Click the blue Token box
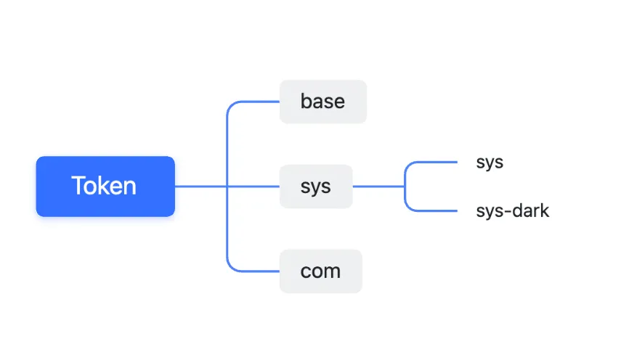click(105, 187)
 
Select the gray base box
click(323, 102)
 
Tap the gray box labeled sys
click(316, 187)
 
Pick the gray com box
click(321, 271)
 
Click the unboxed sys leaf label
click(490, 163)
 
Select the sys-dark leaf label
click(513, 211)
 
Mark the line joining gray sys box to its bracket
click(378, 187)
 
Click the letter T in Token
click(78, 186)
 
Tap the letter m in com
click(333, 272)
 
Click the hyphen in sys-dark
click(508, 212)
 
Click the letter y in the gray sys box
click(316, 189)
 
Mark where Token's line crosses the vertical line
click(227, 187)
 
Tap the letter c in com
click(305, 272)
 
